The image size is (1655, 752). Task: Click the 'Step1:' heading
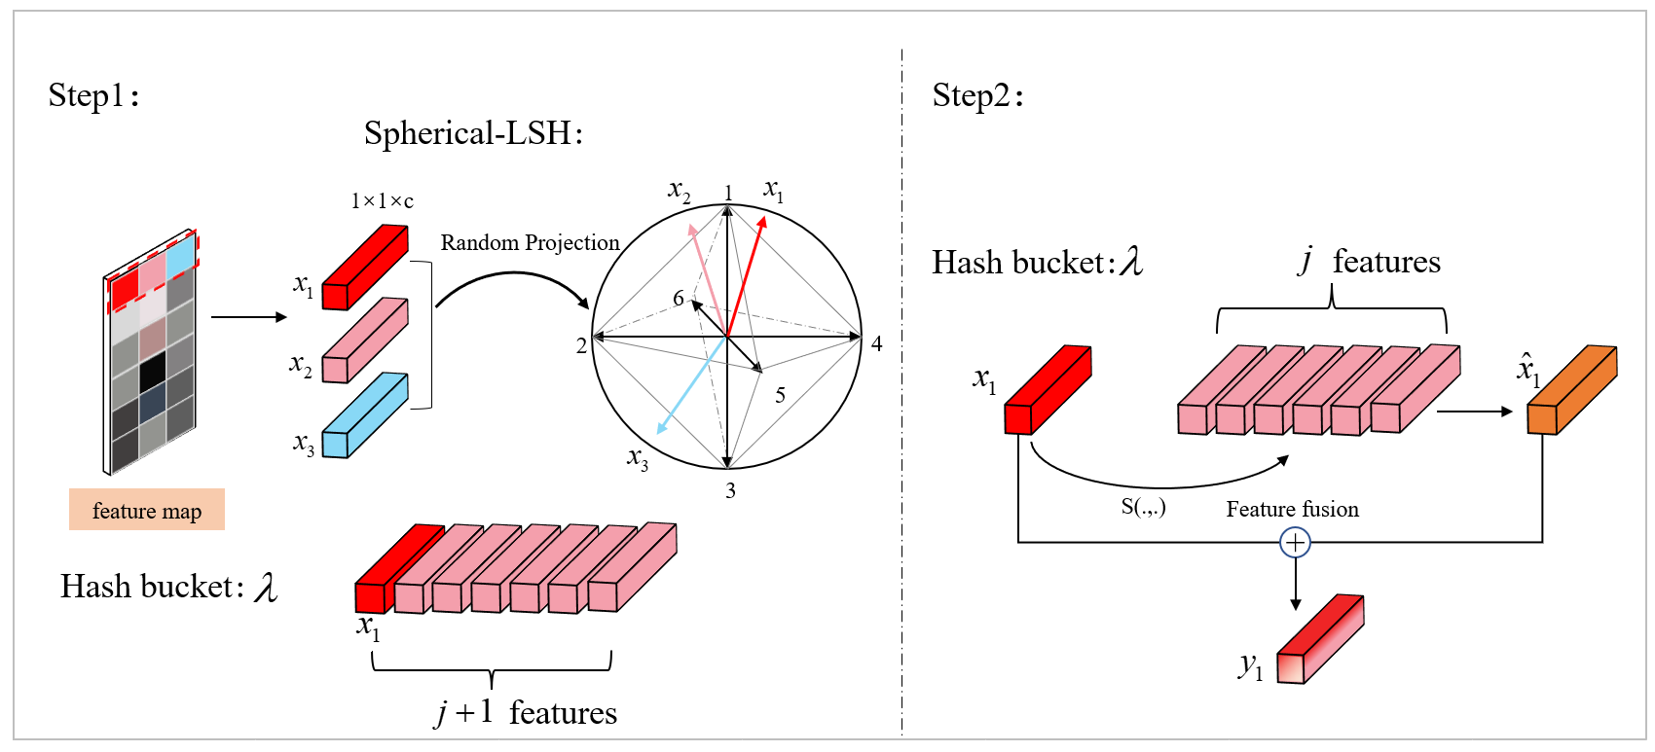pos(92,95)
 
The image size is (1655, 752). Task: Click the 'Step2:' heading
pos(976,95)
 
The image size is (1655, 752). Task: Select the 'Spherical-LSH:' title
pos(473,133)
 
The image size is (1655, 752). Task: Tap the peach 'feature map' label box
pos(147,510)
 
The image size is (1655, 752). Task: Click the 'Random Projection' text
pos(530,242)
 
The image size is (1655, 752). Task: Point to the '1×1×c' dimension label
pos(382,201)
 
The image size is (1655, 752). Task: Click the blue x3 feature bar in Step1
pos(364,416)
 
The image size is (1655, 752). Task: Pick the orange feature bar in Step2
pos(1570,390)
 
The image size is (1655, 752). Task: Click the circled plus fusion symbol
pos(1295,542)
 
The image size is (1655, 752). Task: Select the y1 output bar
pos(1319,640)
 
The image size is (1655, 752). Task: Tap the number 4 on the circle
pos(877,343)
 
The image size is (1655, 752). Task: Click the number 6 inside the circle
pos(679,298)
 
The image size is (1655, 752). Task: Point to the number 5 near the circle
pos(780,395)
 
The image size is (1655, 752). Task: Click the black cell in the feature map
pos(152,372)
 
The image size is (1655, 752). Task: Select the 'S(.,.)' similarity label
pos(1143,506)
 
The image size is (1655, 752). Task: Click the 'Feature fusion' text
pos(1292,509)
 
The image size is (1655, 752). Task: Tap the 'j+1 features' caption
pos(527,712)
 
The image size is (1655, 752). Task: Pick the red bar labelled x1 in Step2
pos(1048,390)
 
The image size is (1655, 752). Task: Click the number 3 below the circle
pos(730,490)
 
